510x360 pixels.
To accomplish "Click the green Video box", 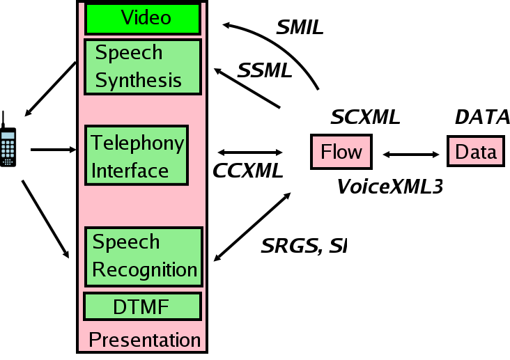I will coord(144,18).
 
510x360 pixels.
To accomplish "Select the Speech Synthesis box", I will coord(142,67).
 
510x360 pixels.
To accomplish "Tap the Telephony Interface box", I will coord(137,155).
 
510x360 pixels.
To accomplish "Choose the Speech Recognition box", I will coord(144,256).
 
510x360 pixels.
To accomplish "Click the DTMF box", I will coord(142,306).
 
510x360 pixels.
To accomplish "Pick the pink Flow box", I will coord(341,151).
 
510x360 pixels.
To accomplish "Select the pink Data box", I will coord(476,151).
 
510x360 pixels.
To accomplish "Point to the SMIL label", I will coord(300,28).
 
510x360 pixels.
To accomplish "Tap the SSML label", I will coord(265,70).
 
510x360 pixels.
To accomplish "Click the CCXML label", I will coord(247,171).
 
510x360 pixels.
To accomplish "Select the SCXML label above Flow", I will coord(365,117).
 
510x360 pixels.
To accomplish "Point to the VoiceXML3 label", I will coord(390,186).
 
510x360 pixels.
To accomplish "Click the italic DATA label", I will coord(482,117).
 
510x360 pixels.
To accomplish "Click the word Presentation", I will coord(145,340).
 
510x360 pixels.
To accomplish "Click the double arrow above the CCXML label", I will coord(250,152).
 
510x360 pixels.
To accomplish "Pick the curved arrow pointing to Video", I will coord(293,49).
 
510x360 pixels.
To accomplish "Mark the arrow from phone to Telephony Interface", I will coord(53,149).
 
